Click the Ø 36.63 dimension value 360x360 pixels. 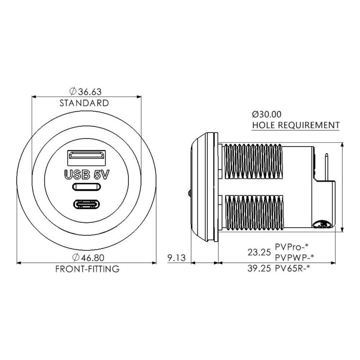pyautogui.click(x=85, y=91)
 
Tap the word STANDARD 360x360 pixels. pyautogui.click(x=84, y=103)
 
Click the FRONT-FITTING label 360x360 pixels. pyautogui.click(x=87, y=269)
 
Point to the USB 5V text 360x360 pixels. pyautogui.click(x=86, y=175)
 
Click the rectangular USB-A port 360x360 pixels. pyautogui.click(x=86, y=158)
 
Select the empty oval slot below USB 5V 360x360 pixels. pyautogui.click(x=86, y=186)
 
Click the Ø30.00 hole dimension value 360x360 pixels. pyautogui.click(x=266, y=114)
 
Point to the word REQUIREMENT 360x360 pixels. pyautogui.click(x=309, y=125)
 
